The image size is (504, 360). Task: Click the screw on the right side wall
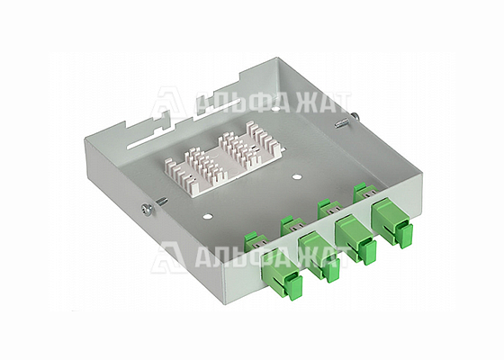[341, 120]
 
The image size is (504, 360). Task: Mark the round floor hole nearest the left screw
[206, 217]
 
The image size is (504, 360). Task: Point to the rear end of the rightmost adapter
[363, 190]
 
